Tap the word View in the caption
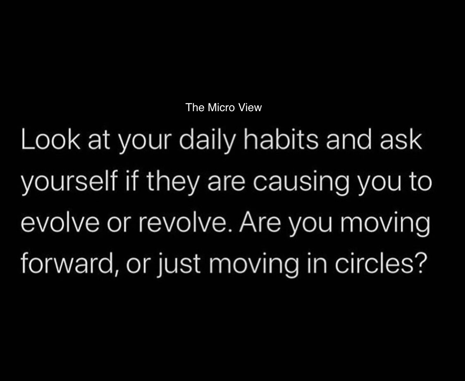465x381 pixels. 250,107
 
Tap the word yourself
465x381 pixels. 64,183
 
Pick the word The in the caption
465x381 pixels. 195,107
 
